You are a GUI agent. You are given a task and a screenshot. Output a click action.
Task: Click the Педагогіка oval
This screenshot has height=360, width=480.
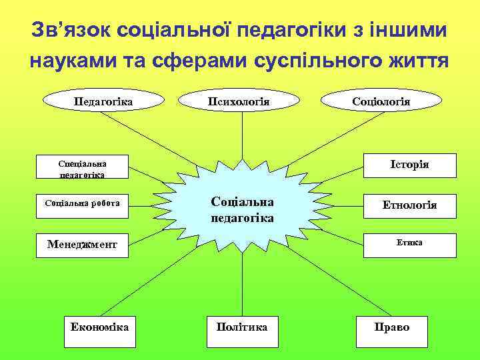103,101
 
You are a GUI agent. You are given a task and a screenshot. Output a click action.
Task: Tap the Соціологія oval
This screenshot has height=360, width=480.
381,101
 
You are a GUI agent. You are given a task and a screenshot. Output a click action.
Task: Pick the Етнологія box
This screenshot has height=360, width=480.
409,205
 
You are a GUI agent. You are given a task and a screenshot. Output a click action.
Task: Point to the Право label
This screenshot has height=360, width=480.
392,327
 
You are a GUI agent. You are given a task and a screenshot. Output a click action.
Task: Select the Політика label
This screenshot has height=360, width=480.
242,327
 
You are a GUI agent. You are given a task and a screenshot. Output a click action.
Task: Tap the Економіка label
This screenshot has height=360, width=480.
99,327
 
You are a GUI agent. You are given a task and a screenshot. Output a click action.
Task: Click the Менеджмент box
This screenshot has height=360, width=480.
82,245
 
